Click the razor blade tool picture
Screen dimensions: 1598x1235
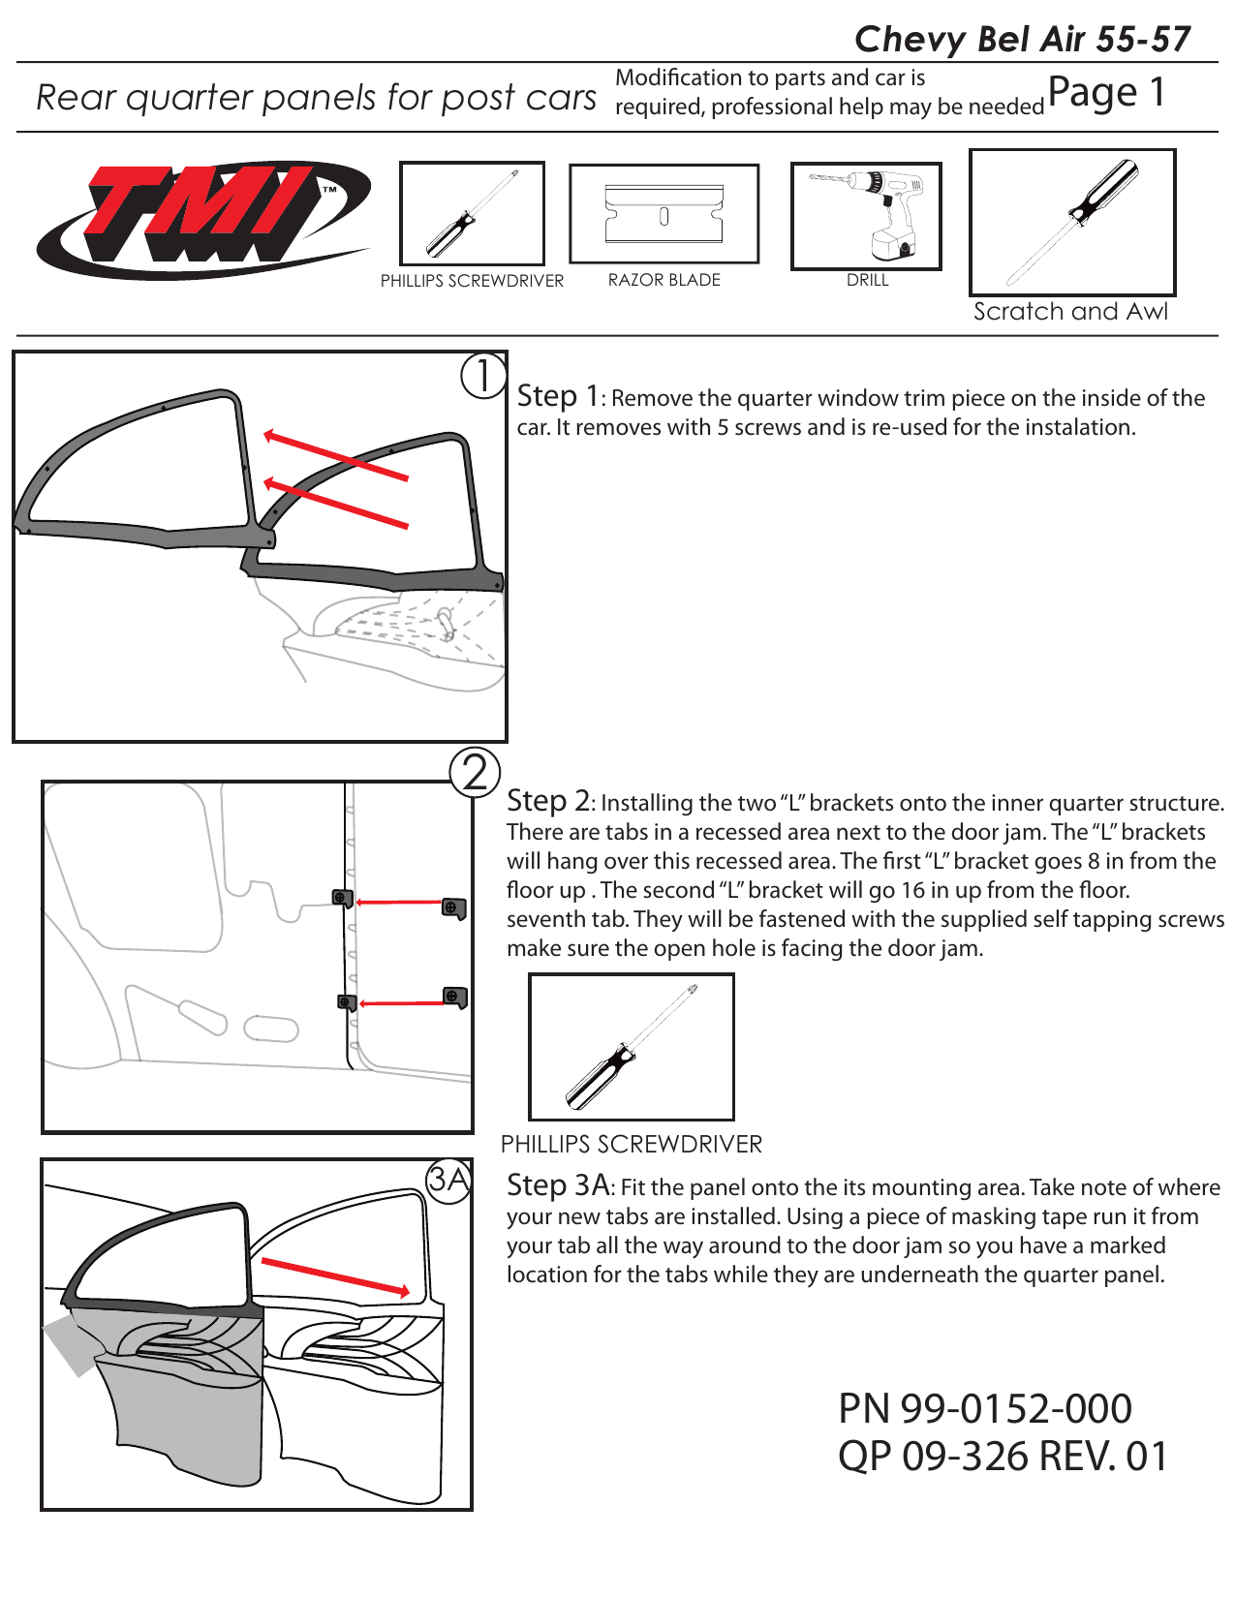664,214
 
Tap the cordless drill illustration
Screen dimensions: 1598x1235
866,216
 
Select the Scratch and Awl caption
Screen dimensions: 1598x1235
1070,312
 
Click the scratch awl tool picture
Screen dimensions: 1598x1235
1072,222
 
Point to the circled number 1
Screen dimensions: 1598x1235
482,376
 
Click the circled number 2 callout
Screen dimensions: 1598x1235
475,772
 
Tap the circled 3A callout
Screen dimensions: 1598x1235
448,1180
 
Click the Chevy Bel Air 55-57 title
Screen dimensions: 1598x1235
1022,40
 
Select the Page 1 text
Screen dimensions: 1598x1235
1105,93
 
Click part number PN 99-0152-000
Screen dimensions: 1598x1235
984,1408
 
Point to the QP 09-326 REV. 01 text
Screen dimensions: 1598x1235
1003,1457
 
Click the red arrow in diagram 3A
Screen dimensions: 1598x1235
335,1276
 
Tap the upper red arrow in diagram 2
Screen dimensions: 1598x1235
398,902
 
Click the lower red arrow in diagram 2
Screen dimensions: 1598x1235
402,1003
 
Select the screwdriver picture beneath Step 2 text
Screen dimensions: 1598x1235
631,1047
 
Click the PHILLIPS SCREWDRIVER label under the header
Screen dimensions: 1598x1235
472,281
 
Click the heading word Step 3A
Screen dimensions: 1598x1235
558,1185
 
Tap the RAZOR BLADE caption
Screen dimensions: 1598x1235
664,280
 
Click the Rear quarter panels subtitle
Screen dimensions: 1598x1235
316,98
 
